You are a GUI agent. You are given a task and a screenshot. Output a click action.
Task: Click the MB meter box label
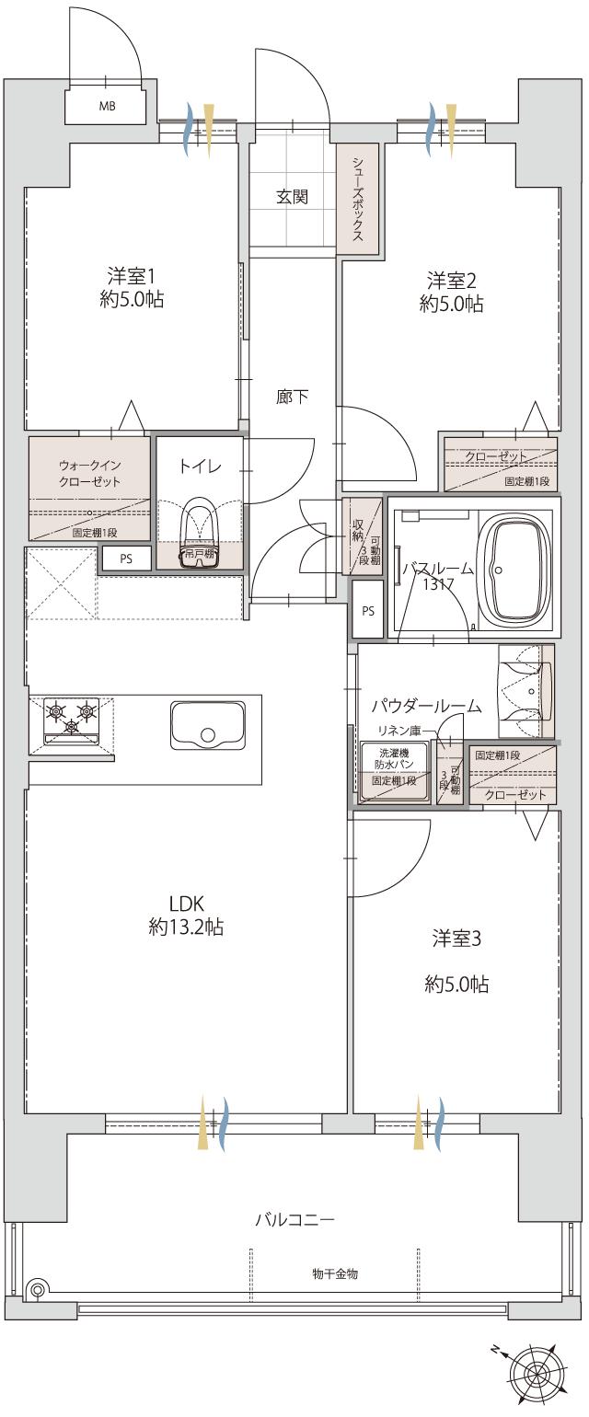coord(108,106)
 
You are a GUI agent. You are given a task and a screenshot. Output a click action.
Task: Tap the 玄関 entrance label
coord(292,196)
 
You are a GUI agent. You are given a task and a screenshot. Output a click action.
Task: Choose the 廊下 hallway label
coord(292,397)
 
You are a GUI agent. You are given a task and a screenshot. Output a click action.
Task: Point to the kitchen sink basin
coord(207,725)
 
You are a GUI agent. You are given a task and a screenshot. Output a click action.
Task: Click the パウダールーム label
coord(426,706)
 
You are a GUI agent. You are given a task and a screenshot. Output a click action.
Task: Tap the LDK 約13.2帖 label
coord(185,915)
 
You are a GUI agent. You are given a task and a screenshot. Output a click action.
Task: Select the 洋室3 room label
coord(456,961)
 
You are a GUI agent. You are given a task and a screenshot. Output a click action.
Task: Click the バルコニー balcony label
coord(294,1220)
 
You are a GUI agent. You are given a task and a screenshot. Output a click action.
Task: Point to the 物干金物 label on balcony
coord(335,1274)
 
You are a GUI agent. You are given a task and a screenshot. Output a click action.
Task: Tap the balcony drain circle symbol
coord(38,1289)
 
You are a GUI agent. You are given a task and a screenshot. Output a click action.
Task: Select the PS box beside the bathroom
coord(368,609)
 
